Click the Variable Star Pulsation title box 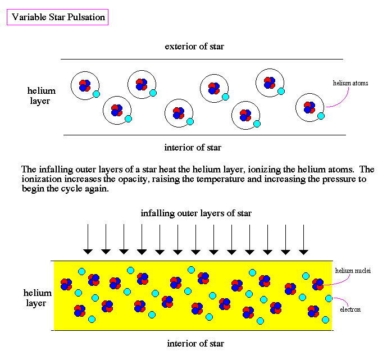pos(57,17)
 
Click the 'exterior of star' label pos(194,47)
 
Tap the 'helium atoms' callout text pos(350,83)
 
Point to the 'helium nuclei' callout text pos(353,271)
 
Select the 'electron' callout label pos(350,309)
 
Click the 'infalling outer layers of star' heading pos(196,213)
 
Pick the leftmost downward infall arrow pos(88,239)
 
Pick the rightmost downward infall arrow pos(303,239)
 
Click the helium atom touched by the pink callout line pos(310,108)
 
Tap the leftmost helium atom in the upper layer pos(85,85)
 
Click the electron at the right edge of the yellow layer pos(329,298)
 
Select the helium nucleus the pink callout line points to pos(318,284)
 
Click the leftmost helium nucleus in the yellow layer pos(66,284)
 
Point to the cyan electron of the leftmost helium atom pos(96,94)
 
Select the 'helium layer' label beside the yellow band pos(37,298)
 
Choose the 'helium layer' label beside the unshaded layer pos(41,95)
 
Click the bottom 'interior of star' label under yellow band pos(195,344)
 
